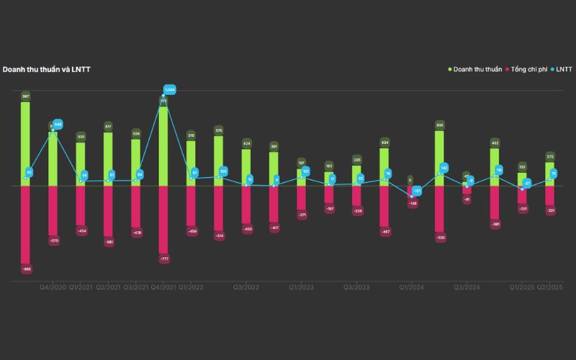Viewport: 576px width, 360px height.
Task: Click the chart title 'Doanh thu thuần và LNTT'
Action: [46, 69]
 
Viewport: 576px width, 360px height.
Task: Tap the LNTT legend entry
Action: [563, 69]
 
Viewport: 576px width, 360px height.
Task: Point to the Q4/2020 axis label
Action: [53, 287]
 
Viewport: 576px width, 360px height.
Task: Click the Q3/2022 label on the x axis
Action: [246, 287]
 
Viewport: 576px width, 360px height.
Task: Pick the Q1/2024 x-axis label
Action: [412, 287]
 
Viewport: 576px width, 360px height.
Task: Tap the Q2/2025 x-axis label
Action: [550, 287]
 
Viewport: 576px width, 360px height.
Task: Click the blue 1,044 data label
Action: [170, 90]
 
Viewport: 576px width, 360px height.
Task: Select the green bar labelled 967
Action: [25, 144]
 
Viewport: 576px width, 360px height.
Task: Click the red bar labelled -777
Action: [163, 220]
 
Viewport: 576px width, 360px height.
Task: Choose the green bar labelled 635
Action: [439, 158]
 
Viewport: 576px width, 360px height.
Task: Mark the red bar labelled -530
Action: [439, 209]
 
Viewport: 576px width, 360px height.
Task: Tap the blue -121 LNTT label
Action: [417, 191]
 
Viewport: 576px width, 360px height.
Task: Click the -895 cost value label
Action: [26, 269]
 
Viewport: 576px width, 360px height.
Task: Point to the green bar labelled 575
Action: [219, 161]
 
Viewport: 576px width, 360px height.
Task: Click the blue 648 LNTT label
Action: [58, 124]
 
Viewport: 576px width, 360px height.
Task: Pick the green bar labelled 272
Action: [550, 174]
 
